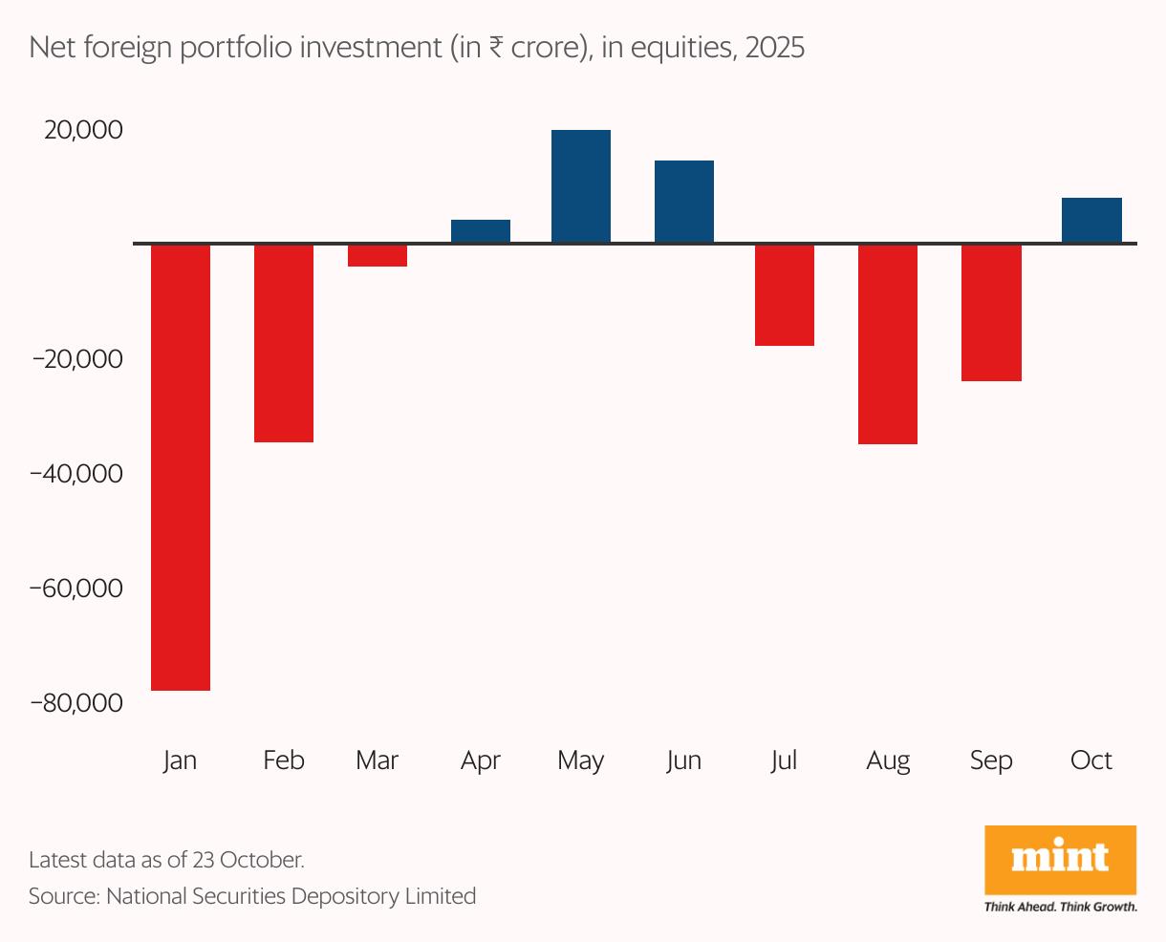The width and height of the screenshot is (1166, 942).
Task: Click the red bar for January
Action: click(x=181, y=466)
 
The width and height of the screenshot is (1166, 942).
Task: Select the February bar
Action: click(x=284, y=343)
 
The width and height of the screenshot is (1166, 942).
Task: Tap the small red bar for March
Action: click(x=378, y=255)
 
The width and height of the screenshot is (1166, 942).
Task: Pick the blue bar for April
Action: click(x=481, y=231)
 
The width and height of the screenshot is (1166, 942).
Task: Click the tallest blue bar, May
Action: click(x=581, y=186)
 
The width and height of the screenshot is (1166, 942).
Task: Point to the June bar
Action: click(x=684, y=202)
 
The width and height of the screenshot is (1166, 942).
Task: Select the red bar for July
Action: click(x=785, y=294)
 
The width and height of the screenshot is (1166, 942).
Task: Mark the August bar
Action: click(x=888, y=344)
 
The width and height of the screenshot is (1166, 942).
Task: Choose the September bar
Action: click(x=991, y=312)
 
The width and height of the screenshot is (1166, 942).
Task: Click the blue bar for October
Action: click(x=1091, y=220)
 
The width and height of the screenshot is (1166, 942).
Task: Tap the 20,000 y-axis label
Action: click(x=84, y=130)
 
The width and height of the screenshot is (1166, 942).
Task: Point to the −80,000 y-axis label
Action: click(x=76, y=702)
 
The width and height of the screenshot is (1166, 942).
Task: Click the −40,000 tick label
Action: click(x=76, y=474)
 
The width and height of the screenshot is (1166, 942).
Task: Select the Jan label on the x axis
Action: click(x=180, y=760)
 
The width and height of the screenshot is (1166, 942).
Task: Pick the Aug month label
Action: click(x=888, y=760)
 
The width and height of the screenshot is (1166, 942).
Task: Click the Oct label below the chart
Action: click(x=1091, y=760)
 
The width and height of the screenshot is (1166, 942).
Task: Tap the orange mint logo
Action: click(x=1060, y=859)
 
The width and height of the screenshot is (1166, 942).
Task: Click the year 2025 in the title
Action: click(x=774, y=48)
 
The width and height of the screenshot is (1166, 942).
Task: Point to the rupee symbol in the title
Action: click(x=496, y=48)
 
